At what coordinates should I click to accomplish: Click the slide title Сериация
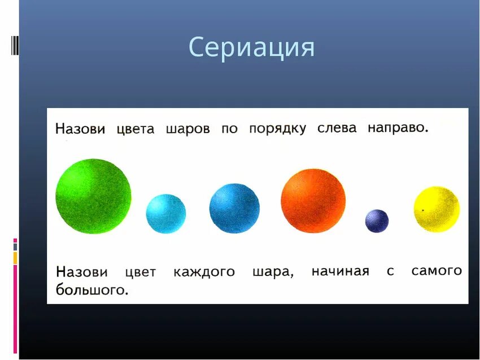251,47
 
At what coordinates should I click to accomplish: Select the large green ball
93,196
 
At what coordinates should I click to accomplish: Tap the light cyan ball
165,213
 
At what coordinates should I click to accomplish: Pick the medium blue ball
234,208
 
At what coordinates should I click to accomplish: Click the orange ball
313,200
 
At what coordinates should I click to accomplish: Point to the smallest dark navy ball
377,221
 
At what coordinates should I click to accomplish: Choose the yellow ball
437,209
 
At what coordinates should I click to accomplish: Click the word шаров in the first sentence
187,129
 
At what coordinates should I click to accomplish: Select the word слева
337,128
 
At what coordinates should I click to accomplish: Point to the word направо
398,128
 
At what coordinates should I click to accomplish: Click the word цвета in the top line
135,129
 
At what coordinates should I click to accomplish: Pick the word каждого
204,272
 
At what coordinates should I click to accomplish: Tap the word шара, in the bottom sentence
273,272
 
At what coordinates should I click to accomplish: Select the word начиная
340,271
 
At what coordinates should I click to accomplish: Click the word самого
436,271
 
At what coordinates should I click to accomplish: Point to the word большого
92,290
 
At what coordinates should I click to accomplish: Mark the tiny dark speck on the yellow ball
422,210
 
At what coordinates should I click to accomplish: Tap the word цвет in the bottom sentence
140,273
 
